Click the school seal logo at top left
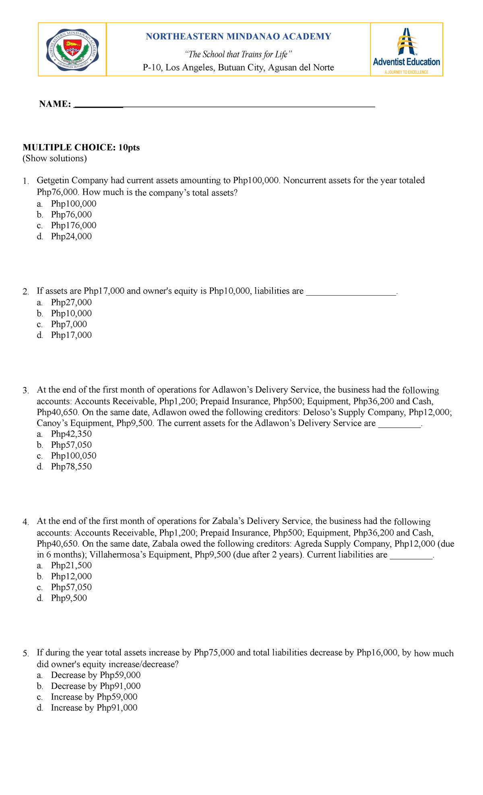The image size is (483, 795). (x=72, y=49)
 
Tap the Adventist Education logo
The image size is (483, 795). (x=406, y=50)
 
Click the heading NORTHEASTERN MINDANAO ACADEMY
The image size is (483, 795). (x=238, y=37)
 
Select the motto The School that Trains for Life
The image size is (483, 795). (x=238, y=54)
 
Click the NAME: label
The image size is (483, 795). (x=55, y=104)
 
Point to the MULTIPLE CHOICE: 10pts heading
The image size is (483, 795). (x=81, y=148)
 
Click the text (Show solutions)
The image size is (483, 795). (x=55, y=159)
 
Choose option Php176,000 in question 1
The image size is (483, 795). (x=74, y=226)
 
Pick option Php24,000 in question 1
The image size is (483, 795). (x=71, y=237)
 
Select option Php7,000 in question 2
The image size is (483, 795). (x=69, y=324)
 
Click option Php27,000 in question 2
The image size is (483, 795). (x=71, y=303)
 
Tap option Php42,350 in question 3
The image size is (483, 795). (x=71, y=434)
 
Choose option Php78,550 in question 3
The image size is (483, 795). (x=71, y=467)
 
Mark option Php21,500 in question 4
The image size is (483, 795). (x=71, y=565)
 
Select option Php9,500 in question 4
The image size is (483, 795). (x=69, y=598)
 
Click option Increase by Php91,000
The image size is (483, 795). (x=94, y=708)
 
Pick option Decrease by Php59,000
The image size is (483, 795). (x=96, y=675)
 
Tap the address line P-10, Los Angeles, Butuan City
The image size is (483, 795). (x=238, y=68)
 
